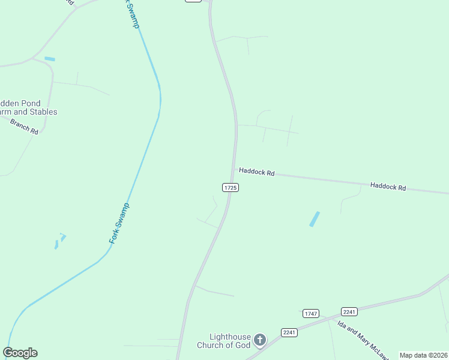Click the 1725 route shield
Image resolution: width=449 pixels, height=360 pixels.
[231, 188]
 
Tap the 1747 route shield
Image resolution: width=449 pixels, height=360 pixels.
[310, 314]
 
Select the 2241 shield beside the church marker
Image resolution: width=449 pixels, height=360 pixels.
[289, 332]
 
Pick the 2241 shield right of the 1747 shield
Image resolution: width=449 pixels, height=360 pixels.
[349, 311]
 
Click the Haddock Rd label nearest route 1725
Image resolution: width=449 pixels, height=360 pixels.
[256, 172]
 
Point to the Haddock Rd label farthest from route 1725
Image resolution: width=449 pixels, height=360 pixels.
[388, 187]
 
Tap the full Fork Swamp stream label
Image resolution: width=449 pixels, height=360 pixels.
[119, 223]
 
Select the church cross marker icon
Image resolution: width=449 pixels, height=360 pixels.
[259, 341]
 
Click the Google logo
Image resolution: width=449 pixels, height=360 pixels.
[20, 353]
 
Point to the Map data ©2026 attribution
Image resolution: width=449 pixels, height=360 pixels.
[423, 355]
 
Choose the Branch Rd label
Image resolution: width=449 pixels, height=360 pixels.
[24, 126]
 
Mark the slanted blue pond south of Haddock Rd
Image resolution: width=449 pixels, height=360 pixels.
[314, 219]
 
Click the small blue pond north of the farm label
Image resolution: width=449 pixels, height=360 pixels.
[49, 59]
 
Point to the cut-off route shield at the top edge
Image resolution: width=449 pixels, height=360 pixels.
[193, 1]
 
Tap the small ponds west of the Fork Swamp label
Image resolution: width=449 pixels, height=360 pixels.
[59, 241]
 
